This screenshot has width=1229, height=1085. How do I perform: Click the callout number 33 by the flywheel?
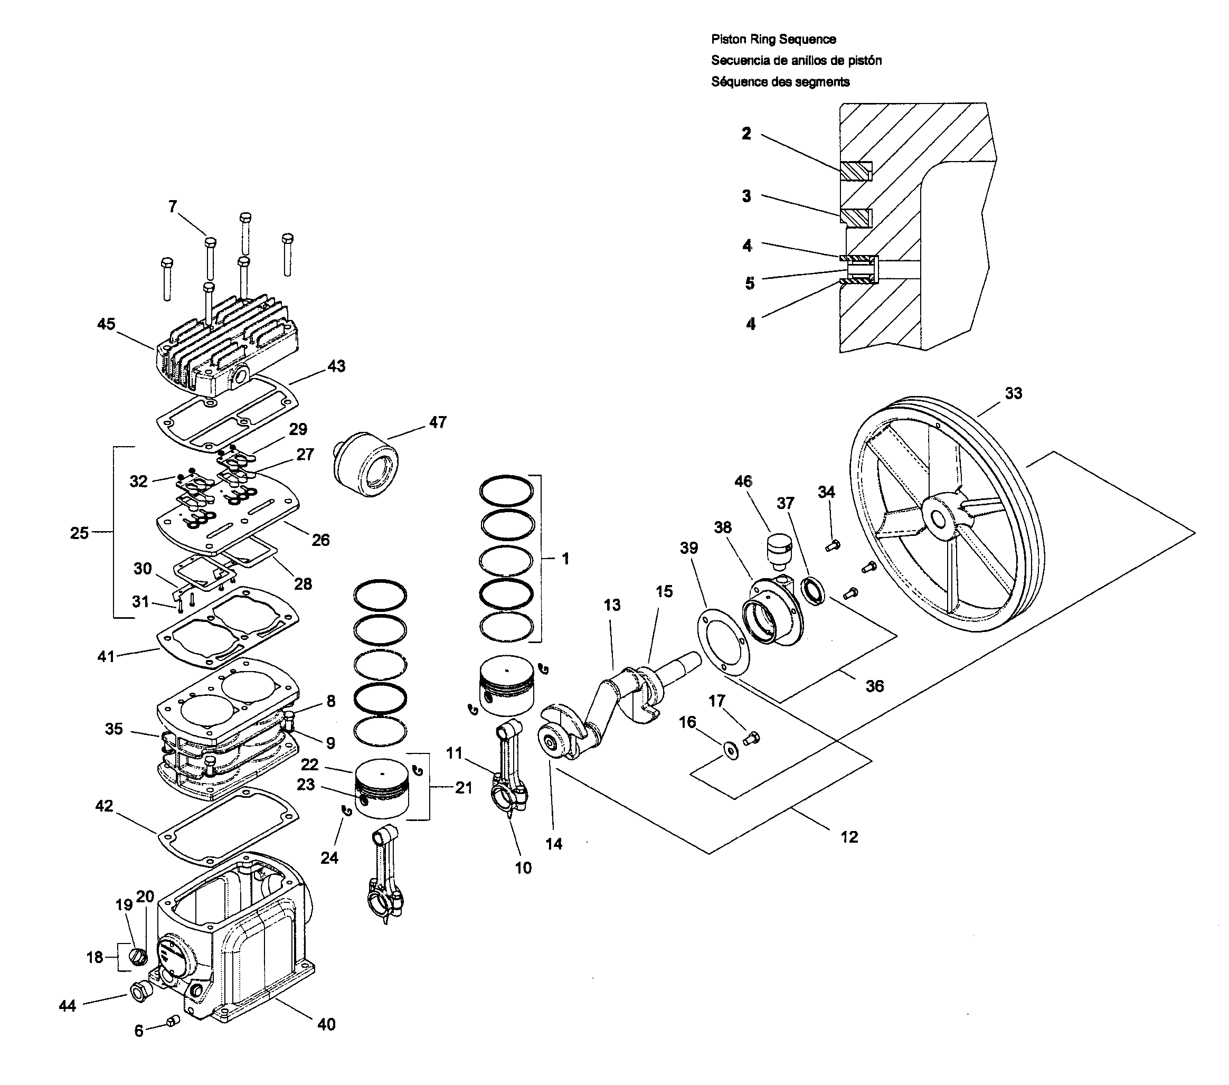click(1013, 393)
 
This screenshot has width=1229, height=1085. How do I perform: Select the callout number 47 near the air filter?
click(438, 422)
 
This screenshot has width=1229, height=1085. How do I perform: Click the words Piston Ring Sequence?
click(773, 39)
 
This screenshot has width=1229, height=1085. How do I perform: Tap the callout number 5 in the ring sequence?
click(749, 284)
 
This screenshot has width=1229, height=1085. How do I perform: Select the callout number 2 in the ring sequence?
click(746, 134)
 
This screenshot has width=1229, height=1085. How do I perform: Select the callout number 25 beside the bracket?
click(79, 533)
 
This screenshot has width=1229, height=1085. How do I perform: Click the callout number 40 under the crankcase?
click(326, 1024)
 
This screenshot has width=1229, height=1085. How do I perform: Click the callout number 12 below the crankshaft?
click(848, 837)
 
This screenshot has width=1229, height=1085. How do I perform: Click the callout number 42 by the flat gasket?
click(104, 806)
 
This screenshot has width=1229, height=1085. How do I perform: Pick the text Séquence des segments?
click(780, 82)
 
